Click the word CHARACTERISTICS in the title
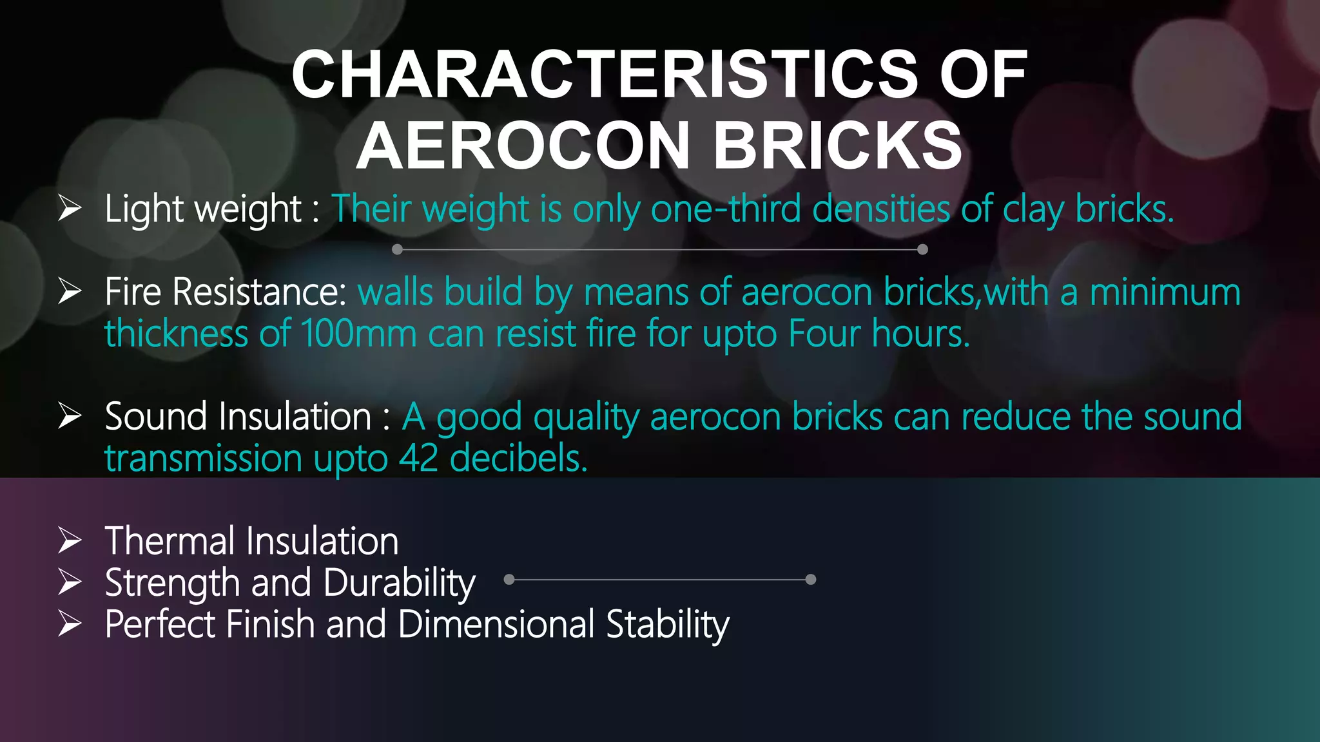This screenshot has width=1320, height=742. point(604,75)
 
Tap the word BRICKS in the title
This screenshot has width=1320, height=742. point(837,146)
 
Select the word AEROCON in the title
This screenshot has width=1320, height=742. point(523,146)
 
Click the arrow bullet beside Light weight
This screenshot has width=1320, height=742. point(70,208)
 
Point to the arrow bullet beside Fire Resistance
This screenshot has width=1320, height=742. point(70,291)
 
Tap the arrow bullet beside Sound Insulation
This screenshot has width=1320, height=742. point(70,415)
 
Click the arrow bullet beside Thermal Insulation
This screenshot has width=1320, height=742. point(70,540)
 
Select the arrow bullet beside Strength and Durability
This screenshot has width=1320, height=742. point(70,582)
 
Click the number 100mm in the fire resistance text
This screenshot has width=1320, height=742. point(358,334)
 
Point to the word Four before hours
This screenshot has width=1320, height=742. point(824,334)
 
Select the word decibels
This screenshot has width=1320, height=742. point(518,459)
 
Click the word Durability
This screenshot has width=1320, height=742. point(400,584)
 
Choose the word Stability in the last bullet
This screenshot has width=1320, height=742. point(668,625)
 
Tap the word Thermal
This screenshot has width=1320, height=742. point(170,540)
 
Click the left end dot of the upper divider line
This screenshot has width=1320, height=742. point(397,249)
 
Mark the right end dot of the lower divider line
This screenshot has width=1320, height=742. point(811,580)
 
